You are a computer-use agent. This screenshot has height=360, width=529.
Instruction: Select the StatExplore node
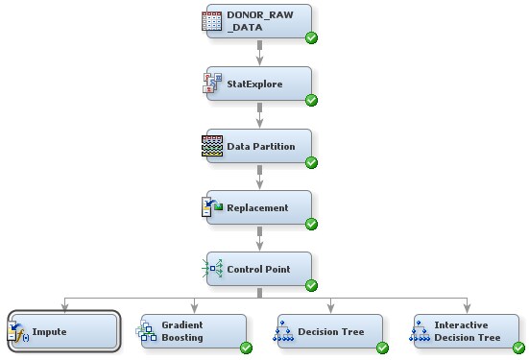[259, 84]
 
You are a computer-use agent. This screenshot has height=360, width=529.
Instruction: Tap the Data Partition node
[259, 147]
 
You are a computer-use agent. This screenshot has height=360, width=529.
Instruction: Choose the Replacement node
[259, 208]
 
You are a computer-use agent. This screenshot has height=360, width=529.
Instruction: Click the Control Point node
[259, 270]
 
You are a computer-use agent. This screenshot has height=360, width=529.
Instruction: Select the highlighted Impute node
[63, 332]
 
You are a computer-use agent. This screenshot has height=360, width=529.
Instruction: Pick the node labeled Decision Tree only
[330, 332]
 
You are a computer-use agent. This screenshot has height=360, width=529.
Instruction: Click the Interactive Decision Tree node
[468, 332]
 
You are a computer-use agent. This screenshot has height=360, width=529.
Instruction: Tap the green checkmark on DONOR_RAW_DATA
[311, 38]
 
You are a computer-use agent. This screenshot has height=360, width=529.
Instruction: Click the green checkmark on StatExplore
[311, 100]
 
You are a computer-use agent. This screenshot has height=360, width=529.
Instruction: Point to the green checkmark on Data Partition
[311, 162]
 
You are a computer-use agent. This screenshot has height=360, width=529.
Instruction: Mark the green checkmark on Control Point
[311, 285]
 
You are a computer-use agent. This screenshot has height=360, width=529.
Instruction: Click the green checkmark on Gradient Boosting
[246, 348]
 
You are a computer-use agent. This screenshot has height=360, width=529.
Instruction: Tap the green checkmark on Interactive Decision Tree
[519, 348]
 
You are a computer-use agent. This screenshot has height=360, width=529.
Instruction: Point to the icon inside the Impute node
[18, 332]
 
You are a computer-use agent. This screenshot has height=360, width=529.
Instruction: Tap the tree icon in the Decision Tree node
[284, 332]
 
